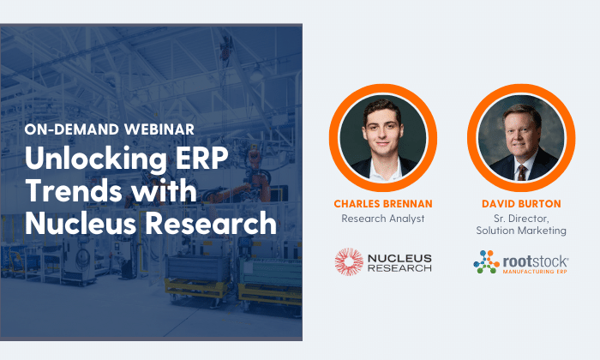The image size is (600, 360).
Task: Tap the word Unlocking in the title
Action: pyautogui.click(x=96, y=159)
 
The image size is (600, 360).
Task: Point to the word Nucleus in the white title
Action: pyautogui.click(x=81, y=223)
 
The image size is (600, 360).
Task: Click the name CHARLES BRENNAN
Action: pyautogui.click(x=383, y=203)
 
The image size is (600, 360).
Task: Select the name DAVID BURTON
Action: pyautogui.click(x=521, y=203)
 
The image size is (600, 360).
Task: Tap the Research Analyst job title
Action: pyautogui.click(x=383, y=219)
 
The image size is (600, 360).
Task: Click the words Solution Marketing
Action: pyautogui.click(x=521, y=231)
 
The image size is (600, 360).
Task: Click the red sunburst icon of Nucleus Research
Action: pyautogui.click(x=349, y=261)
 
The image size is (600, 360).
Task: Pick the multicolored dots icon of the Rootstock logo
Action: pyautogui.click(x=486, y=262)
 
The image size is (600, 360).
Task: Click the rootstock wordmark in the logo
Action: pyautogui.click(x=536, y=261)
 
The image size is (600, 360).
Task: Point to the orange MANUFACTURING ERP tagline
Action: pyautogui.click(x=535, y=272)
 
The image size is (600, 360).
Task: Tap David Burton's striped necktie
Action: pyautogui.click(x=522, y=172)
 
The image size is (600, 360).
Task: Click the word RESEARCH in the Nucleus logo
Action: pyautogui.click(x=399, y=268)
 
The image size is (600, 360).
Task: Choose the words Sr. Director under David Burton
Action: pyautogui.click(x=521, y=219)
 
